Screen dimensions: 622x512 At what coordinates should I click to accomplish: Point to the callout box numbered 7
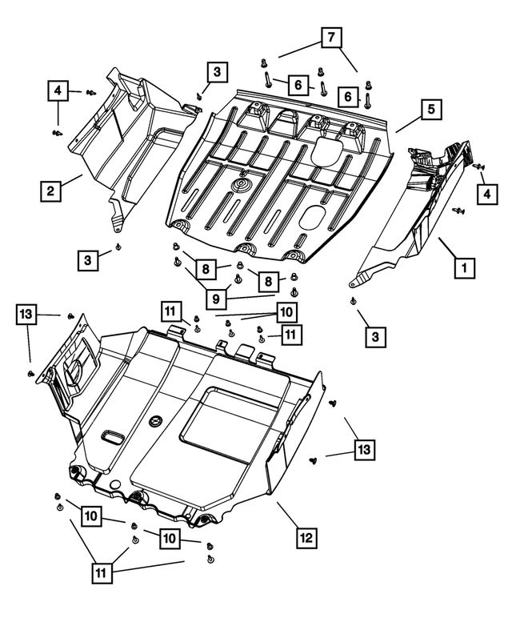[331, 37]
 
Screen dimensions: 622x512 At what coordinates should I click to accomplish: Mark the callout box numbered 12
[305, 538]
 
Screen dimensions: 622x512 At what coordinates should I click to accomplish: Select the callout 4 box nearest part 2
[58, 91]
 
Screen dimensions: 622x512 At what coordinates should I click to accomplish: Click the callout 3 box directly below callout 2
[89, 259]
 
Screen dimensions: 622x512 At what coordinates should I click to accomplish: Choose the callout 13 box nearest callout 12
[364, 451]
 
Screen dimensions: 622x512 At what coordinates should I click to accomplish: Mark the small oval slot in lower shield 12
[111, 437]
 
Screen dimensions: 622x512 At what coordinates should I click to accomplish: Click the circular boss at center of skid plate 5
[241, 186]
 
